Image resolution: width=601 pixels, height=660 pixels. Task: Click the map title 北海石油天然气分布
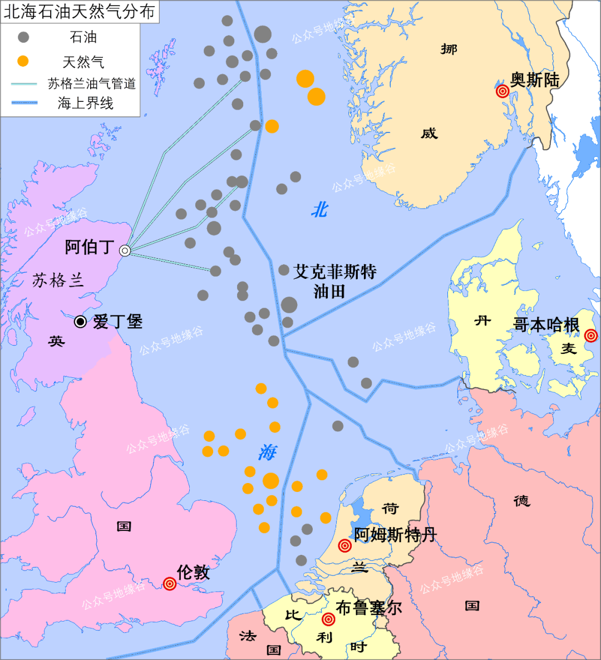pos(79,12)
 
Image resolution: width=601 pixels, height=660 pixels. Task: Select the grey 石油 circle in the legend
pos(23,37)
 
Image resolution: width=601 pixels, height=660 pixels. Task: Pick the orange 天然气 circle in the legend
pos(23,61)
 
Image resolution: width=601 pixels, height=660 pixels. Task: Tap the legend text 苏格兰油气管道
pos(92,84)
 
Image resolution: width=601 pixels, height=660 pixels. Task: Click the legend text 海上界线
pos(86,104)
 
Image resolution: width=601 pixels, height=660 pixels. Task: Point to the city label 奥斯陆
pos(535,80)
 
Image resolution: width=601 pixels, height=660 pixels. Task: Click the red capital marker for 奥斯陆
pos(503,91)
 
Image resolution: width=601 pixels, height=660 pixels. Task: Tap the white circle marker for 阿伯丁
pos(125,251)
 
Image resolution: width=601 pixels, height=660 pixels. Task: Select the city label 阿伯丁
pos(90,247)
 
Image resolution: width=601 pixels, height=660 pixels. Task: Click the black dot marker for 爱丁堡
pos(81,322)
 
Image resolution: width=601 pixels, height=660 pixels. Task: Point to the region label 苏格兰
pos(58,280)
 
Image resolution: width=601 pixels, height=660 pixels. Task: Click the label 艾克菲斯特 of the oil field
pos(335,272)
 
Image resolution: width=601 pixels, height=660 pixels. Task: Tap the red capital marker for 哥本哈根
pos(591,336)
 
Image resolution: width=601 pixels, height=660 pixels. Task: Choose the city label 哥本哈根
pos(546,325)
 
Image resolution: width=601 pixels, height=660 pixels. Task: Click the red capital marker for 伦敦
pos(170,584)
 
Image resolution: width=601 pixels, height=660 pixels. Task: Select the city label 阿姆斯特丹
pos(395,535)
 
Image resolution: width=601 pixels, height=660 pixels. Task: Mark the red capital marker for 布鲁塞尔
pos(329,619)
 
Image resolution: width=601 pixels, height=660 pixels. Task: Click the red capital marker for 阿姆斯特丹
pos(345,546)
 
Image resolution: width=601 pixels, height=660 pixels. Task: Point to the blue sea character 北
pos(319,210)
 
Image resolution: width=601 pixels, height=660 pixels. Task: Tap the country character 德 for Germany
pos(521,501)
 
